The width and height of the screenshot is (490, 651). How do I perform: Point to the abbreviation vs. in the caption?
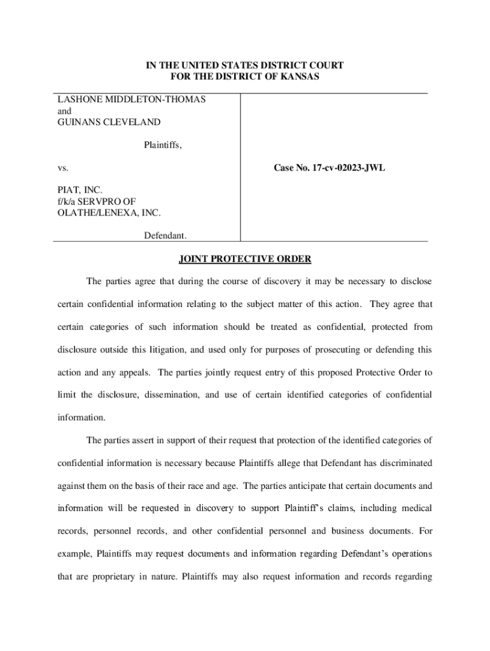pos(63,168)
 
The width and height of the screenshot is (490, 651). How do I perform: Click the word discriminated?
pos(402,463)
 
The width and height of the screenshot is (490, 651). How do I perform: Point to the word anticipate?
pos(285,486)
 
